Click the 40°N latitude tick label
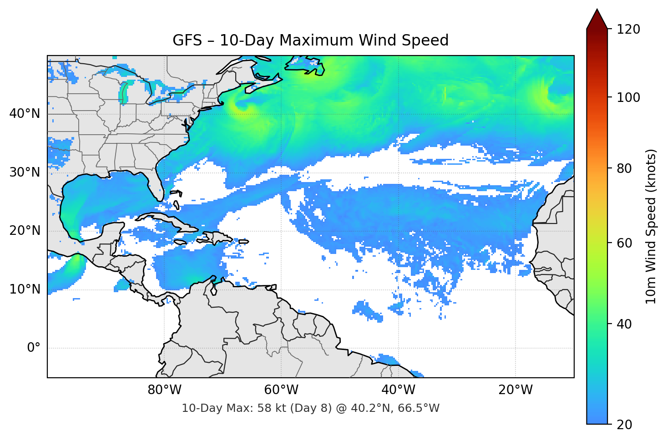(25, 114)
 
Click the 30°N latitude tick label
(25, 172)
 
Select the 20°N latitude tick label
(25, 231)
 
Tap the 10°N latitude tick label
(25, 289)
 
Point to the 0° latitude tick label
(34, 348)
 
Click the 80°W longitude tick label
(164, 390)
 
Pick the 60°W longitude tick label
(281, 390)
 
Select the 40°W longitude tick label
(399, 390)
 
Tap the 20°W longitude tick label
(515, 390)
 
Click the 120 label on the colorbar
(628, 30)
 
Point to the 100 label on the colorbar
(628, 97)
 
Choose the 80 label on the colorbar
(624, 168)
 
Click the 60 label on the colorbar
(624, 243)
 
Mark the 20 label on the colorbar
(624, 425)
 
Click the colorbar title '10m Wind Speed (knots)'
(651, 226)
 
